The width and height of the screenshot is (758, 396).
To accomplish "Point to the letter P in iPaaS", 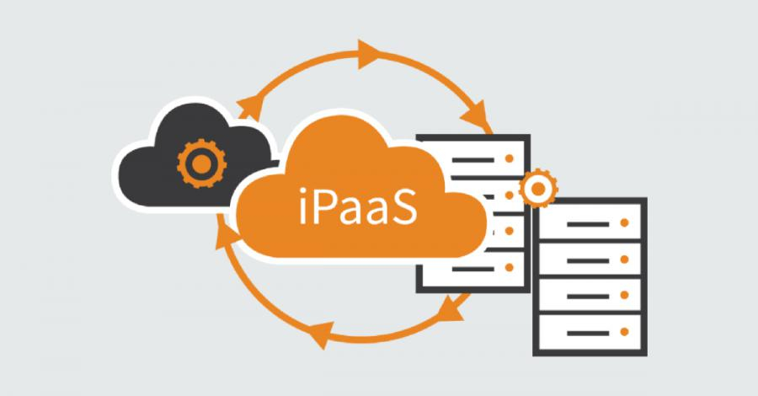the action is click(x=322, y=208).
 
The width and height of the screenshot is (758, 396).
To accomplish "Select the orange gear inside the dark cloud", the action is click(x=201, y=163).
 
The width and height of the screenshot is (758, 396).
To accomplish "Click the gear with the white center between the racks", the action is click(x=538, y=189).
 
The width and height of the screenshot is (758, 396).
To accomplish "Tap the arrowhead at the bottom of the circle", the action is click(x=321, y=334).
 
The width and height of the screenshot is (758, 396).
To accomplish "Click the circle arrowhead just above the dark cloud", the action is click(x=250, y=107).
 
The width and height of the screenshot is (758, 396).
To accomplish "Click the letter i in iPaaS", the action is click(x=302, y=208).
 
